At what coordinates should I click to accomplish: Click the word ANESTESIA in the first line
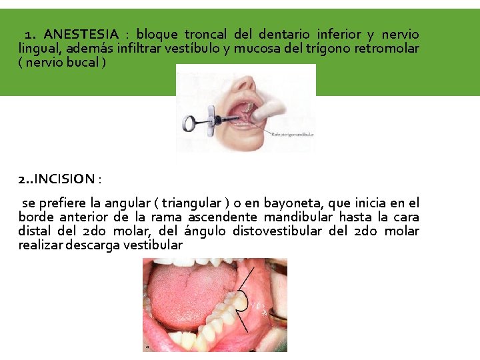pyautogui.click(x=81, y=34)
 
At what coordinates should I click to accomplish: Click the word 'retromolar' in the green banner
pyautogui.click(x=387, y=49)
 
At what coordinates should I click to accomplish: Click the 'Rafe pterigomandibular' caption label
pyautogui.click(x=292, y=134)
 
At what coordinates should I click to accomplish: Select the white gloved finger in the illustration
pyautogui.click(x=280, y=107)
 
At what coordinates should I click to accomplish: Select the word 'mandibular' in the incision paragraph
pyautogui.click(x=303, y=217)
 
